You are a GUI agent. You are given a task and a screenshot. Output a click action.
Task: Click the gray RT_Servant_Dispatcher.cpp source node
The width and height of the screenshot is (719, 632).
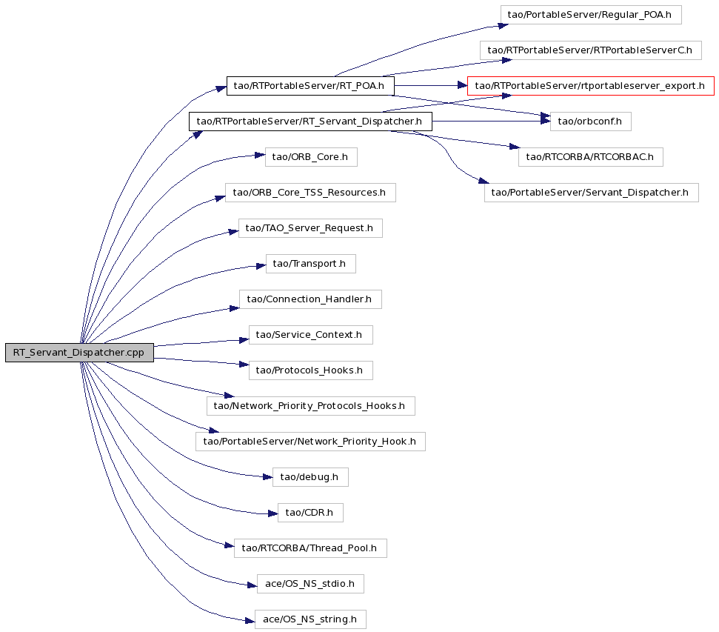(x=79, y=353)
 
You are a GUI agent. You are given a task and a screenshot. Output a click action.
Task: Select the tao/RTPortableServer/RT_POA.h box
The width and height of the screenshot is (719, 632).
(x=310, y=86)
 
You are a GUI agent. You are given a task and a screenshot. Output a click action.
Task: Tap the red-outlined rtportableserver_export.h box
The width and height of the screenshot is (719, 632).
(x=591, y=86)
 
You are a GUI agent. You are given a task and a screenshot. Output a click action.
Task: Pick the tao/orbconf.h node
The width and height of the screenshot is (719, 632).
(x=591, y=122)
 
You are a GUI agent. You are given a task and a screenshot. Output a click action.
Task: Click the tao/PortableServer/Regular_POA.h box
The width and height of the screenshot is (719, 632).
(x=591, y=15)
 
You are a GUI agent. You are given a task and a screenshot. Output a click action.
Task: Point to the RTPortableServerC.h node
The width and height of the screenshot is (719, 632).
(x=591, y=50)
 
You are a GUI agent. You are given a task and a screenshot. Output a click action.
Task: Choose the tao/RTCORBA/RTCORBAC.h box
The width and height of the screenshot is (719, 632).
(x=591, y=157)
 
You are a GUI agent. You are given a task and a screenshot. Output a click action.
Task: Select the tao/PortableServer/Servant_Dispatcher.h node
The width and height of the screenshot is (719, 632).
(x=592, y=193)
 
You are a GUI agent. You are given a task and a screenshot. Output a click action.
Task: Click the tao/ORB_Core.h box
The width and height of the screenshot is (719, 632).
(x=311, y=157)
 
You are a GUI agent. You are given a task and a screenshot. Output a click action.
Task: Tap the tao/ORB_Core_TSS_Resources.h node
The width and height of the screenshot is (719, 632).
(x=310, y=193)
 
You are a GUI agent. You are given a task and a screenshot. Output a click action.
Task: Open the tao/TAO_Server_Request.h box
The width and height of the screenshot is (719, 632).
(x=310, y=228)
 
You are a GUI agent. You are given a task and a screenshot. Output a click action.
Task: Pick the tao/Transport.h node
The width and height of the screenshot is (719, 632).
(x=311, y=264)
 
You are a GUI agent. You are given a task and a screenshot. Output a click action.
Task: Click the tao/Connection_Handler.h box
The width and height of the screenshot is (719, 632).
(x=310, y=299)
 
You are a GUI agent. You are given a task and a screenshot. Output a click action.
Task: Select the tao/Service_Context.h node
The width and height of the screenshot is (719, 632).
(x=311, y=335)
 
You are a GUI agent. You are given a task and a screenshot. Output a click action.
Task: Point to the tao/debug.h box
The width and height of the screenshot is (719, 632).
(x=310, y=477)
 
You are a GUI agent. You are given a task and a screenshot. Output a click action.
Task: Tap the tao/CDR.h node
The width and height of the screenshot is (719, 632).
(x=310, y=512)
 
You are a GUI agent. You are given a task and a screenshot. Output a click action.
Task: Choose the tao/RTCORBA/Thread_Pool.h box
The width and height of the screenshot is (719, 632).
(x=310, y=548)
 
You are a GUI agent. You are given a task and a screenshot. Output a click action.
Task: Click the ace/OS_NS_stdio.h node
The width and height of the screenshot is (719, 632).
(x=310, y=583)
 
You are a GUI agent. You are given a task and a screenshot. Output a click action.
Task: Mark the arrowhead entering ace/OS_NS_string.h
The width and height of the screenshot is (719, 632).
(x=250, y=621)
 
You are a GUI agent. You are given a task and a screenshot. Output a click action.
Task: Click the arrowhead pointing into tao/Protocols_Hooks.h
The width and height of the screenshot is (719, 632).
(x=244, y=365)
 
